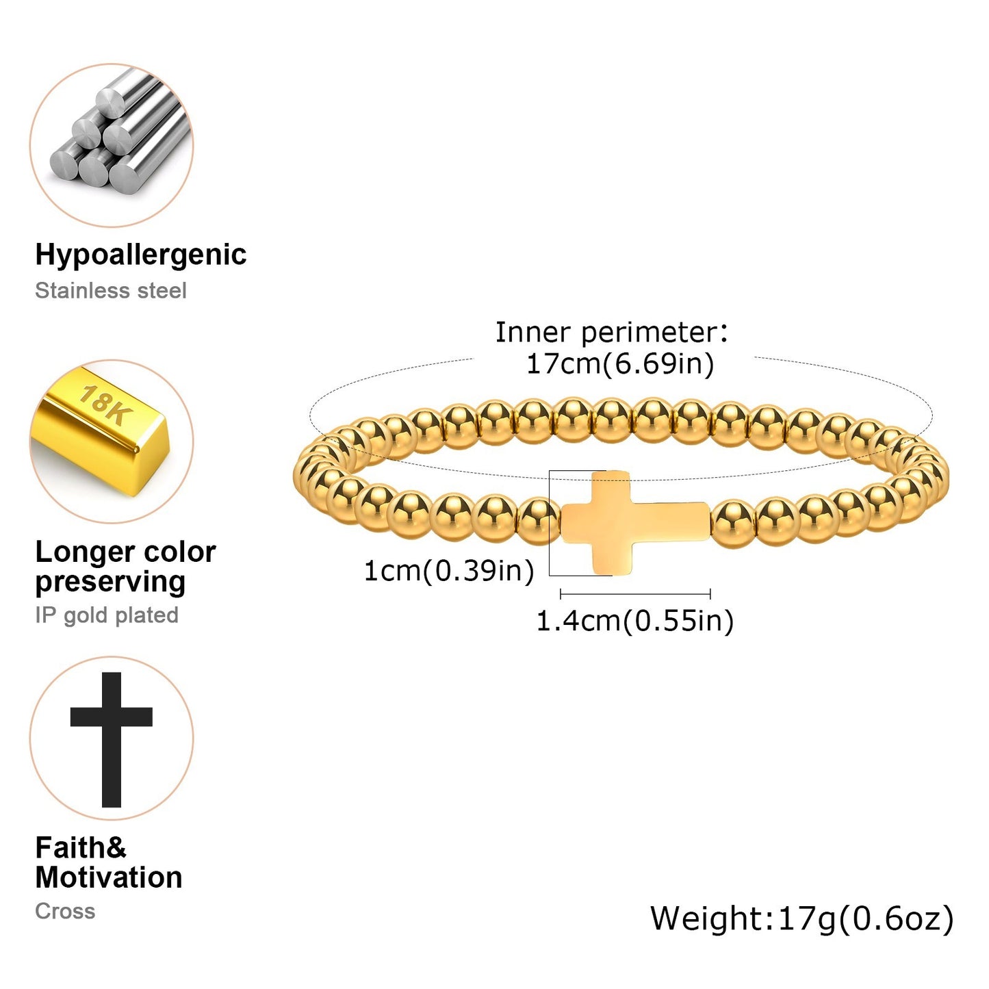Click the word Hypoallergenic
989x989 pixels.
point(140,255)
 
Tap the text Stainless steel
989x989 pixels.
point(110,291)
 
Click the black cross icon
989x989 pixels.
point(112,739)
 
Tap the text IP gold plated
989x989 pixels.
point(107,615)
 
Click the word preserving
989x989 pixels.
point(110,582)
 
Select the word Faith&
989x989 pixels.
point(81,848)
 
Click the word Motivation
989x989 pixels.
point(109,878)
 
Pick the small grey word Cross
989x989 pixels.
point(65,912)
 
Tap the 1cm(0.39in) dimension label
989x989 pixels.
point(448,571)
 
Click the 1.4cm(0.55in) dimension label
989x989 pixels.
point(634,621)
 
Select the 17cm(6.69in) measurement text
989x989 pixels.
point(619,363)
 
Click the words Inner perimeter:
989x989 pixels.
point(612,333)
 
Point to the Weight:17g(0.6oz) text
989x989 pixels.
point(801,919)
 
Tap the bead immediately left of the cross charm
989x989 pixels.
point(538,522)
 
